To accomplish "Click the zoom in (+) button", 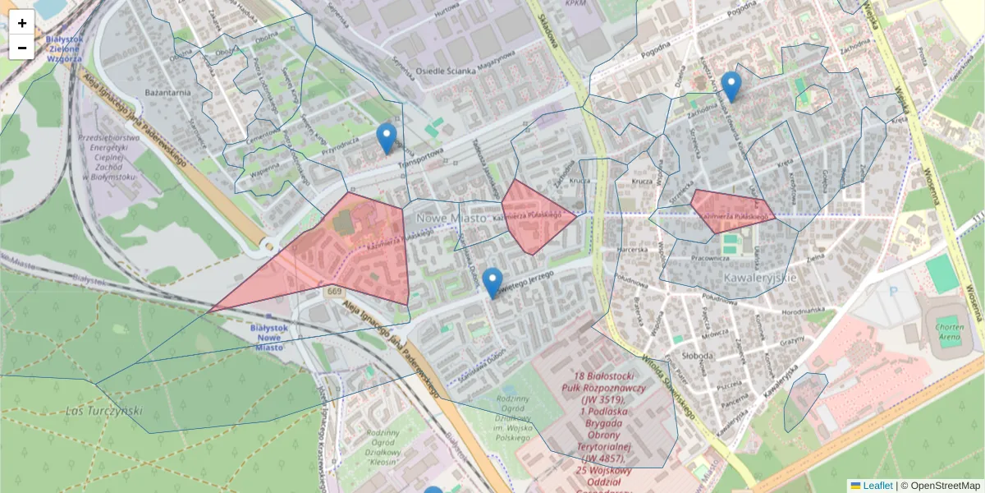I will click(x=22, y=22).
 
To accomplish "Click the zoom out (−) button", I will click(x=22, y=48).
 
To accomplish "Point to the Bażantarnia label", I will click(x=167, y=93).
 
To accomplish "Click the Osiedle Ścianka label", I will click(x=447, y=71).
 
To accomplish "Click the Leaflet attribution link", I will click(x=877, y=486).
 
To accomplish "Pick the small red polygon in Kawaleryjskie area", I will click(x=731, y=207).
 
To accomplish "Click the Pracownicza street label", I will click(x=710, y=258).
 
